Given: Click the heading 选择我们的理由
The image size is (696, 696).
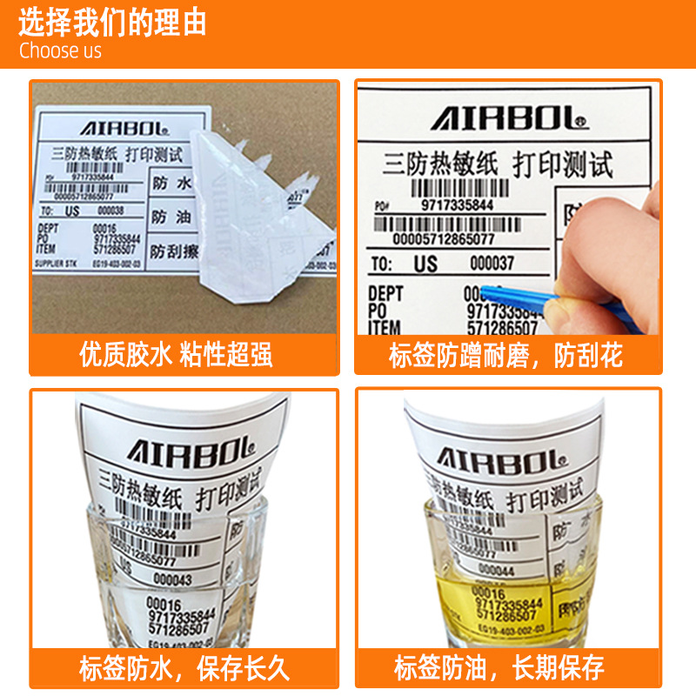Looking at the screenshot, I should click(113, 22).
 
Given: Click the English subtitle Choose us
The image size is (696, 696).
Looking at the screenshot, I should click(60, 50).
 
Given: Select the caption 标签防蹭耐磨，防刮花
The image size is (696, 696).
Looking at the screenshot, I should click(505, 355).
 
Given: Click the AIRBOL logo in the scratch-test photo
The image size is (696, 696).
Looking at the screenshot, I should click(510, 117).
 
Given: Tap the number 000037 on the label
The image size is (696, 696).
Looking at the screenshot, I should click(492, 263).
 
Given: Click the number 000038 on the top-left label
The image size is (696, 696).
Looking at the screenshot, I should click(110, 211).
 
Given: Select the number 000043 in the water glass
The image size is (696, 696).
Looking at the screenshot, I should click(173, 579).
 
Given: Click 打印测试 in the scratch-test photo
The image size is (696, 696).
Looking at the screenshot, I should click(562, 164).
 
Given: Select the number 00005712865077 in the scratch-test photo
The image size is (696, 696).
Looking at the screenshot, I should click(444, 238).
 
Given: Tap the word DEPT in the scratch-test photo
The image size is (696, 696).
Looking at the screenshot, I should click(385, 293).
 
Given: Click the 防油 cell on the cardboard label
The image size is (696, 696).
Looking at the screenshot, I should click(171, 216).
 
